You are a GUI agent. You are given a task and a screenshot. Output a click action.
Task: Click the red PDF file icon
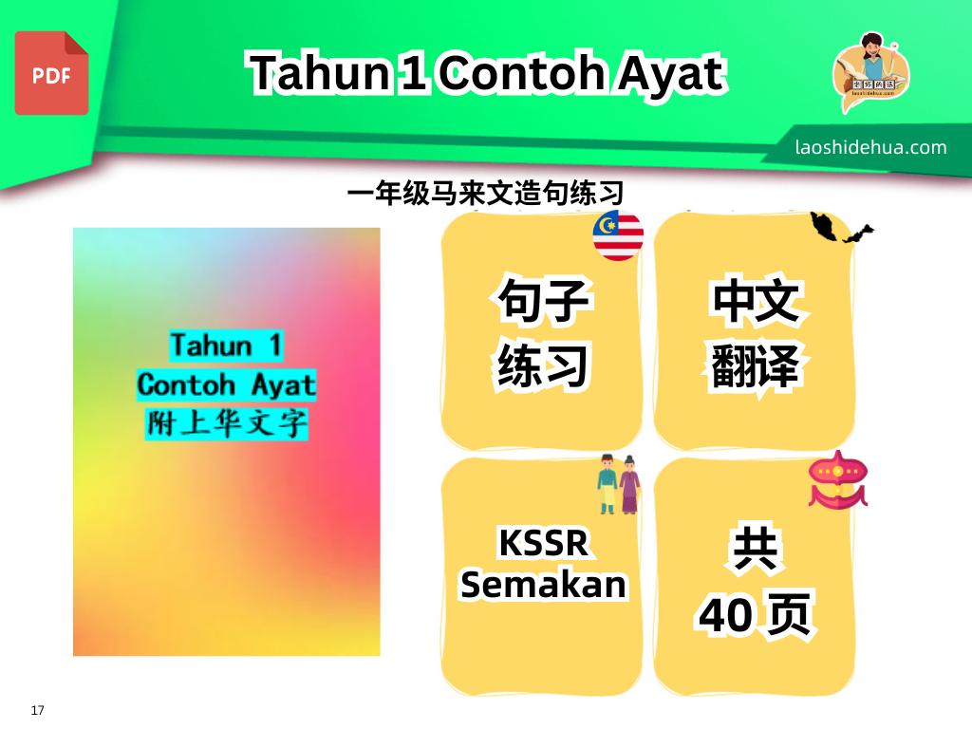[51, 73]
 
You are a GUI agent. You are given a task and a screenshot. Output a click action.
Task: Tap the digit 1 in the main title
[413, 73]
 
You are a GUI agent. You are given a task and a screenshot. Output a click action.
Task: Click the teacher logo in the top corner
[870, 72]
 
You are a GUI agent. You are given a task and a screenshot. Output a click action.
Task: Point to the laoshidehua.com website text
[871, 147]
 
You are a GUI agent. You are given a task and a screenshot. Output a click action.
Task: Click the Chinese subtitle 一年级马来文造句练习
[485, 193]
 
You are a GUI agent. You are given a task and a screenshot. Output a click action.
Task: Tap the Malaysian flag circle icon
[618, 235]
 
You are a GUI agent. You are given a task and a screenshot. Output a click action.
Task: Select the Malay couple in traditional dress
[618, 484]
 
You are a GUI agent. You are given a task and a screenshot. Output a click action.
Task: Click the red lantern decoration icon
[837, 480]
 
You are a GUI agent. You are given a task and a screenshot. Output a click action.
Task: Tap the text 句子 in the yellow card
[544, 301]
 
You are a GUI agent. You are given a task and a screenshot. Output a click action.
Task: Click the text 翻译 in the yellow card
[755, 365]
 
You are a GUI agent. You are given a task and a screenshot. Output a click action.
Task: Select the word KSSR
[544, 543]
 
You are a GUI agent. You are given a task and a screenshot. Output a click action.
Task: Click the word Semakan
[544, 585]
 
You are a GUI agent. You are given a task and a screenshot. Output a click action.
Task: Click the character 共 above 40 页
[755, 549]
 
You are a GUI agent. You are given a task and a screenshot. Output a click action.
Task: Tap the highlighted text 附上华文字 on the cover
[226, 424]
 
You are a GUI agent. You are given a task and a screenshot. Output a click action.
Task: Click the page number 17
[37, 710]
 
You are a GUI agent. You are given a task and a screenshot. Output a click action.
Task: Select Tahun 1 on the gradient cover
[226, 346]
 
